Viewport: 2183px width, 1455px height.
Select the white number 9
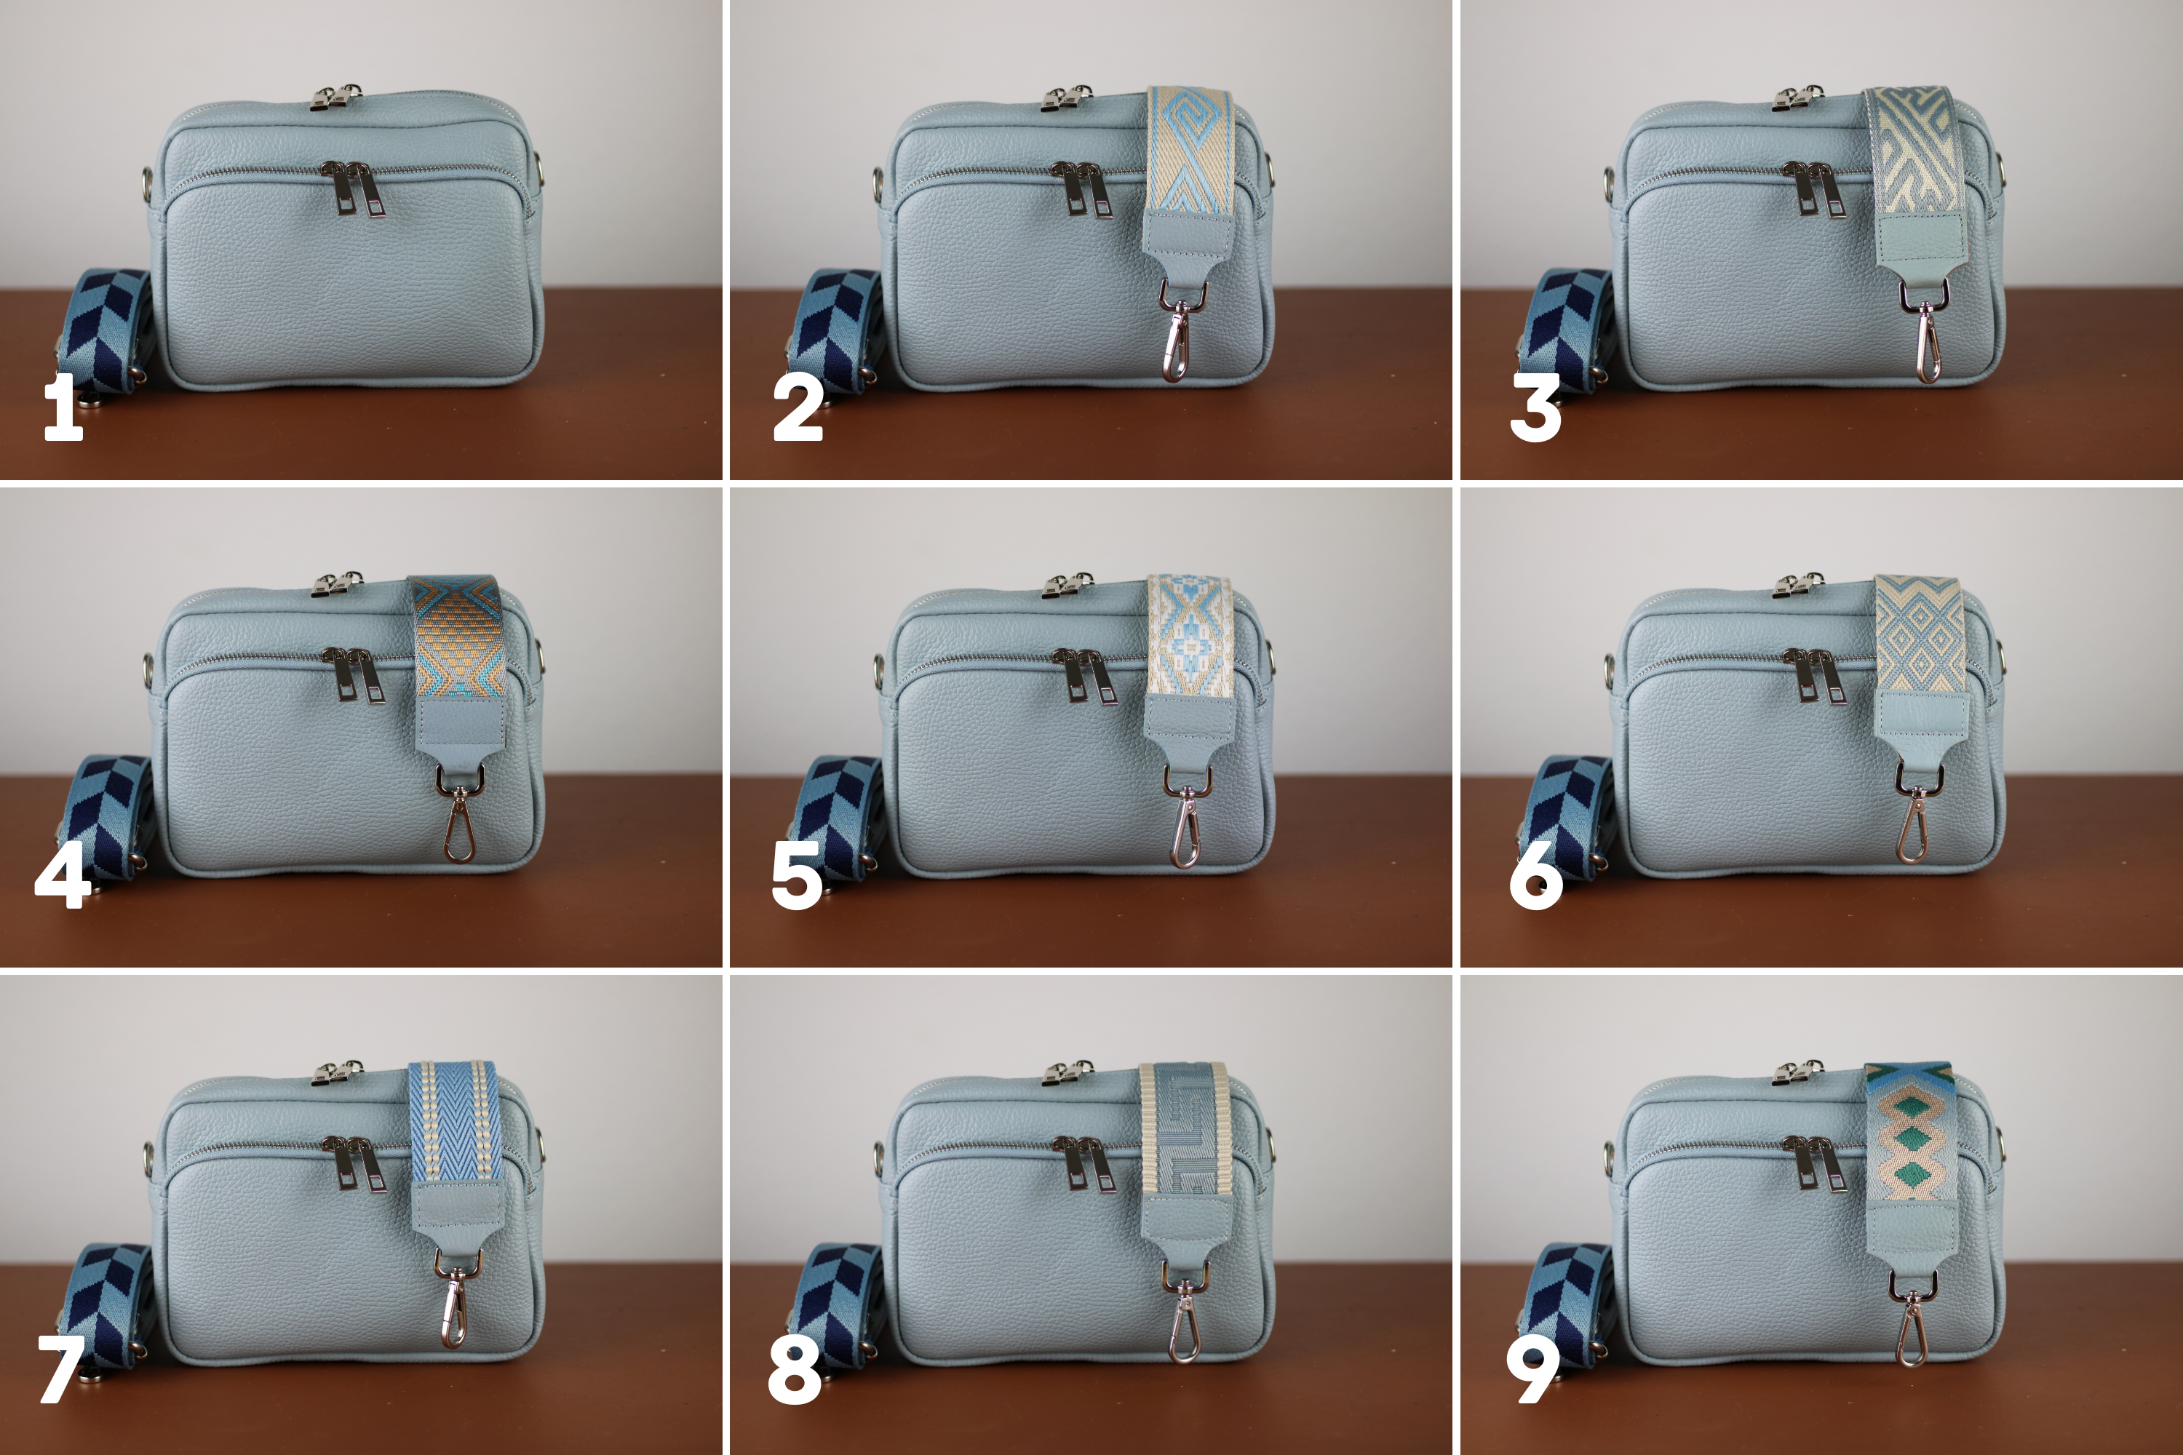pyautogui.click(x=1532, y=1370)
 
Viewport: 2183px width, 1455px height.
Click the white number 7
pyautogui.click(x=60, y=1370)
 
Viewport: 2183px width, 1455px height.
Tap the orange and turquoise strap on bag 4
pyautogui.click(x=458, y=639)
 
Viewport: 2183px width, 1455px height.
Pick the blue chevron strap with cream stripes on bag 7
pyautogui.click(x=455, y=1122)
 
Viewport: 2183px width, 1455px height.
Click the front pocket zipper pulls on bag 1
pyautogui.click(x=354, y=188)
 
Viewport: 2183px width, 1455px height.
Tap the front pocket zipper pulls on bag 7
pyautogui.click(x=354, y=1163)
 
